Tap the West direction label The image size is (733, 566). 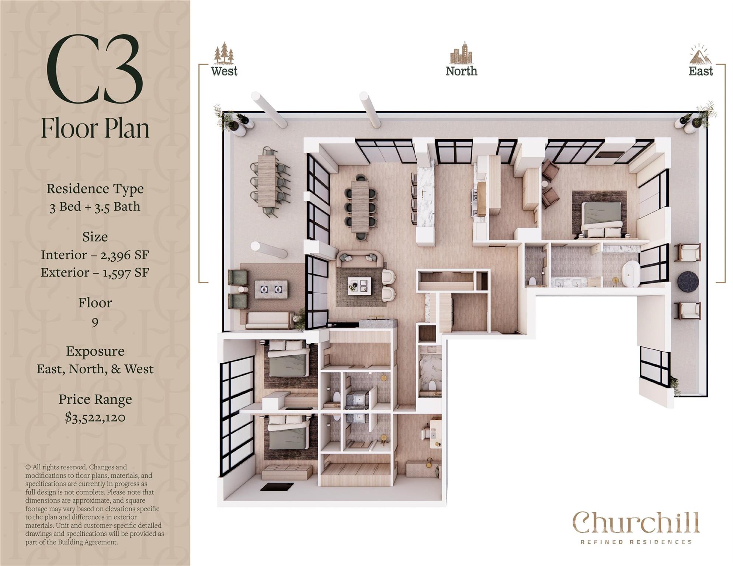[x=224, y=71]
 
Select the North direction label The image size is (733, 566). [x=461, y=71]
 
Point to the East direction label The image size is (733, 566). [x=701, y=71]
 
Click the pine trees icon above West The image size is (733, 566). [x=224, y=53]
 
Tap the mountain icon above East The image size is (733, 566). [x=701, y=55]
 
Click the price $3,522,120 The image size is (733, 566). [x=95, y=417]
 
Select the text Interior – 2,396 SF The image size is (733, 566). [x=95, y=255]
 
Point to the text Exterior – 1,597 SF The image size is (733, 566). [x=95, y=272]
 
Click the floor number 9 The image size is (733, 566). [x=95, y=322]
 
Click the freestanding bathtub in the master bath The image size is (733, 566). [x=630, y=274]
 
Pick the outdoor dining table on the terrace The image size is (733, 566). [x=267, y=181]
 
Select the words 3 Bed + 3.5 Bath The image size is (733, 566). [x=95, y=206]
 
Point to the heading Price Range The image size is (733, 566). [x=95, y=399]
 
